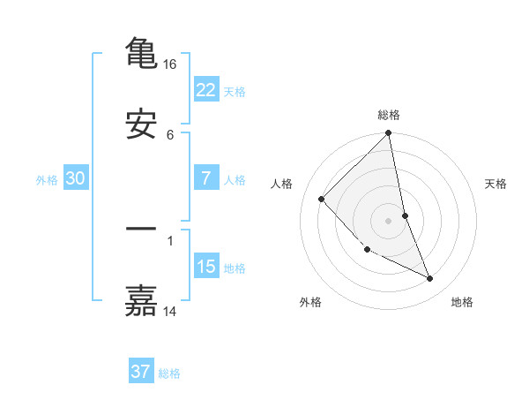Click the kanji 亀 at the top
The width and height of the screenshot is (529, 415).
(x=141, y=52)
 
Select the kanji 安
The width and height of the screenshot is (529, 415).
(x=141, y=124)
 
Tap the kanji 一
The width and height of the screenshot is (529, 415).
(x=141, y=229)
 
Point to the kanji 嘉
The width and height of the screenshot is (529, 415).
(x=141, y=300)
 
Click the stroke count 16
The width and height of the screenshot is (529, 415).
(x=170, y=64)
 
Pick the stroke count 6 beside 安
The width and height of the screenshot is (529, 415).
(x=170, y=134)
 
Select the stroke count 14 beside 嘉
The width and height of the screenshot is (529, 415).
(x=170, y=311)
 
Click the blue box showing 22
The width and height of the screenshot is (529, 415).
(x=206, y=89)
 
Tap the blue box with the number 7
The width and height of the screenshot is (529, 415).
(x=206, y=178)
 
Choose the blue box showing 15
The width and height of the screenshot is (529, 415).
(x=206, y=267)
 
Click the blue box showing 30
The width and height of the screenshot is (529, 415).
(x=76, y=178)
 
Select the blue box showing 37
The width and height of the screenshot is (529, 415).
(x=141, y=372)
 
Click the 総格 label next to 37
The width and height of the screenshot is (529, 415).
(x=170, y=373)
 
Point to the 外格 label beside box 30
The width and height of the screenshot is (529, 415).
(x=47, y=180)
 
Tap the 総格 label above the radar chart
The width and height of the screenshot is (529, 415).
(x=389, y=115)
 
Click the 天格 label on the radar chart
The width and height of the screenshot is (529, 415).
(x=496, y=184)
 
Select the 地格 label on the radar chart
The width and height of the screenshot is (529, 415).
(x=462, y=302)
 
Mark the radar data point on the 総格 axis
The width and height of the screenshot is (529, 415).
(x=389, y=134)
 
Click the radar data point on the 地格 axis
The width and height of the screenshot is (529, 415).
(x=430, y=279)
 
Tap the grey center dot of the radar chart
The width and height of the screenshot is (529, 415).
(x=389, y=221)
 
